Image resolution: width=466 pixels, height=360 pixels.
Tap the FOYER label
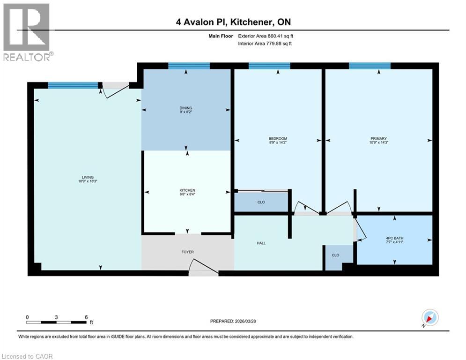(x=187, y=252)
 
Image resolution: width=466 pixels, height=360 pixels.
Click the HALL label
(x=261, y=243)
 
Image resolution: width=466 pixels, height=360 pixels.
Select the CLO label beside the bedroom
(x=261, y=202)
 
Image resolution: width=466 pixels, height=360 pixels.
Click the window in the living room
(x=73, y=85)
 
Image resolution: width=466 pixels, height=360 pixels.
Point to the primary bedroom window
(x=370, y=66)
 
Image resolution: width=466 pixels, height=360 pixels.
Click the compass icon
(x=429, y=318)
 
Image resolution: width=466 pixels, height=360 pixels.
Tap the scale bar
(x=57, y=322)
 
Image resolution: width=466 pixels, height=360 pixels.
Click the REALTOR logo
(x=27, y=32)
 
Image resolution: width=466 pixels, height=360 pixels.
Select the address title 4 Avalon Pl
(x=233, y=22)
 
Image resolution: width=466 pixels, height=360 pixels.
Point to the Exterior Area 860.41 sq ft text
(x=266, y=36)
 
